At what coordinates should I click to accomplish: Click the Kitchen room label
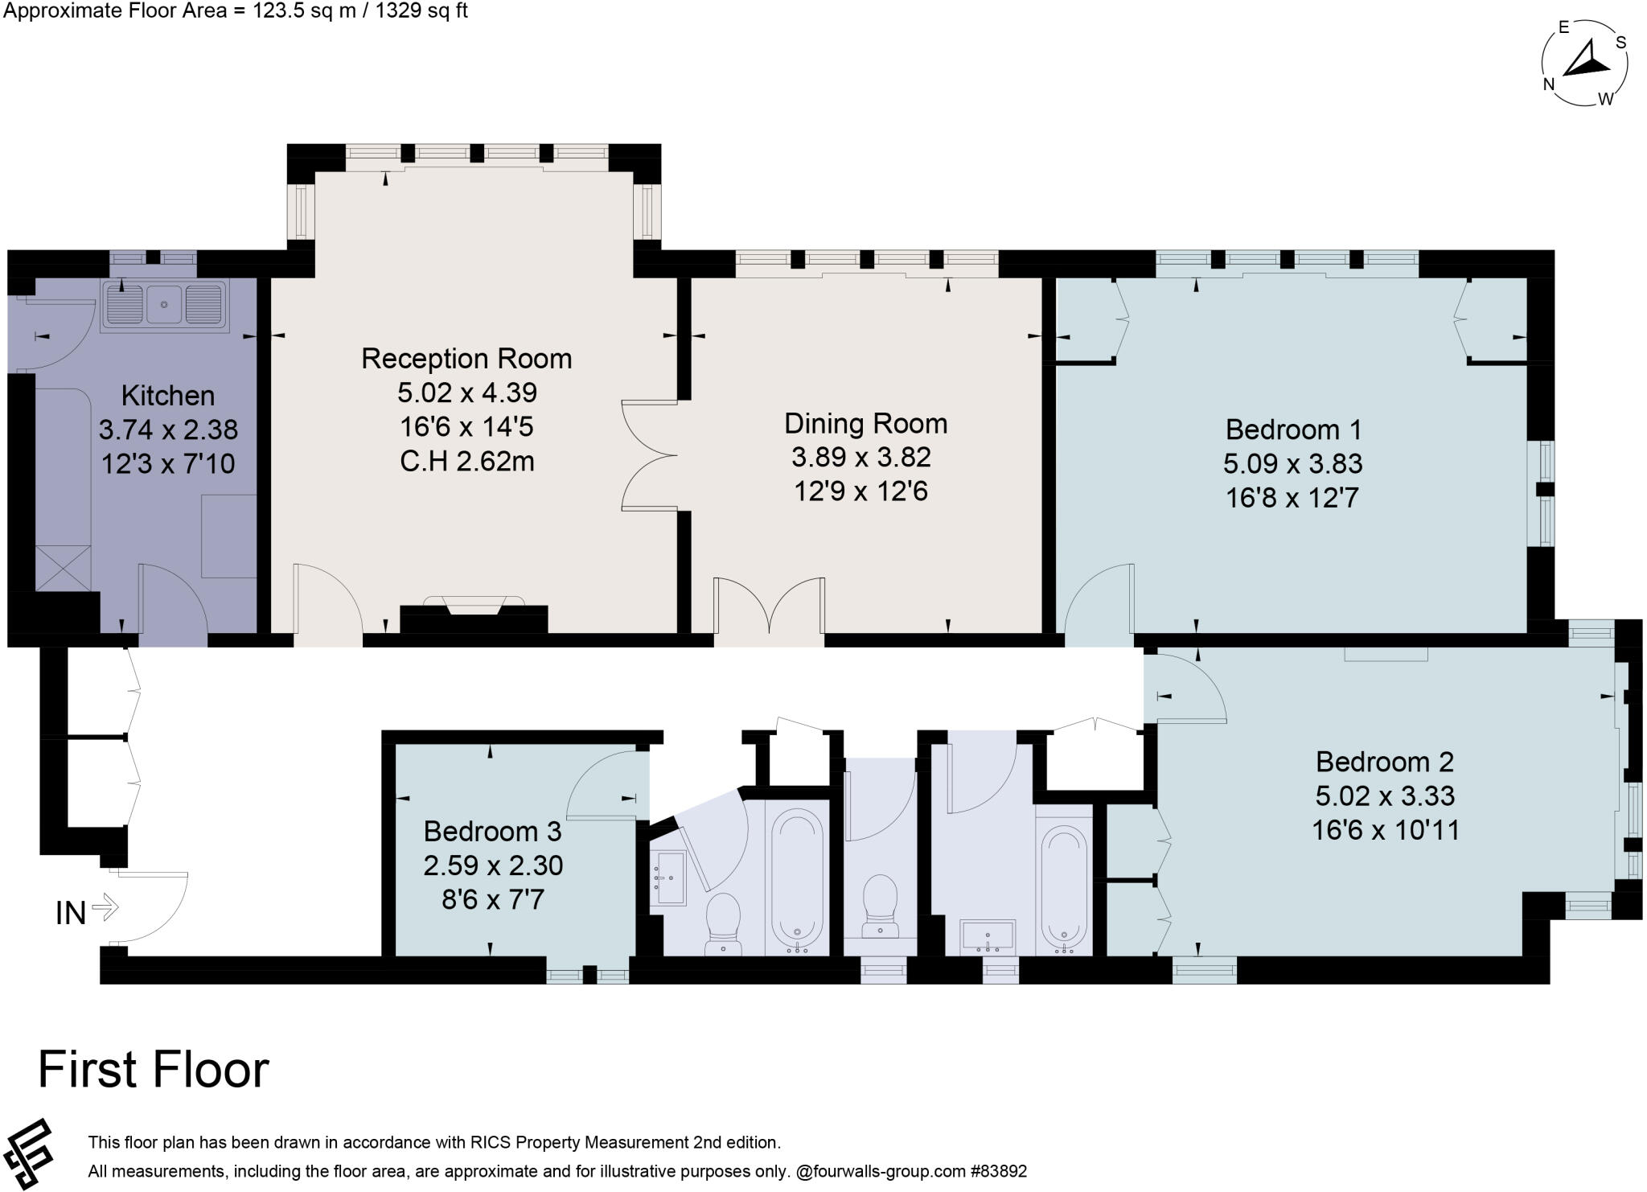pos(168,396)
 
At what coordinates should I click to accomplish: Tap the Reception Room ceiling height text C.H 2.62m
pos(466,462)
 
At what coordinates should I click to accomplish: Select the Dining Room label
pos(865,423)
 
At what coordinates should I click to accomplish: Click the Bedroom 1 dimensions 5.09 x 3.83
pos(1292,464)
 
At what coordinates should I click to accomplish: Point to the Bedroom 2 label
pos(1384,761)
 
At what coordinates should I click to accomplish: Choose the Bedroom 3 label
pos(492,830)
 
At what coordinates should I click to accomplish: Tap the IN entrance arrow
pos(105,909)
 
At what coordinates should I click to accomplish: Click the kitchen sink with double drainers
pos(164,305)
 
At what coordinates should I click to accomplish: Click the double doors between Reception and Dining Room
pos(650,455)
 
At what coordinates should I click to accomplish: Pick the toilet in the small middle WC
pos(880,905)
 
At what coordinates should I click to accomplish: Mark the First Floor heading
pos(153,1070)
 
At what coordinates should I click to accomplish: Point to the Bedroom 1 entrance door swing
pos(1098,599)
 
